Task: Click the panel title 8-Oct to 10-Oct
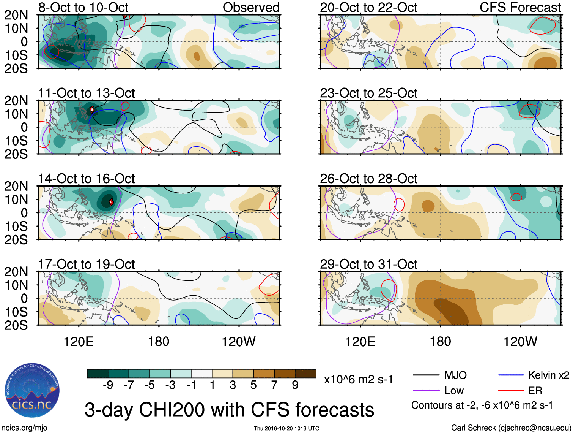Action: pyautogui.click(x=83, y=8)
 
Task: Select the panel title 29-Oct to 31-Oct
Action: pyautogui.click(x=368, y=264)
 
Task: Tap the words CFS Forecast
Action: pyautogui.click(x=520, y=8)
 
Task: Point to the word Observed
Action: pyautogui.click(x=251, y=8)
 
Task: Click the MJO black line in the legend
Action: pyautogui.click(x=426, y=375)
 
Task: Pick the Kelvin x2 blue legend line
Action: pyautogui.click(x=511, y=375)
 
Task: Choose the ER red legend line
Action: pyautogui.click(x=511, y=390)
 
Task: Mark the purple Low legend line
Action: pyautogui.click(x=426, y=390)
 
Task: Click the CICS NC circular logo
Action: pyautogui.click(x=32, y=390)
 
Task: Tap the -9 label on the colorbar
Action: pyautogui.click(x=108, y=385)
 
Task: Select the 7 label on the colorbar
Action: pyautogui.click(x=274, y=385)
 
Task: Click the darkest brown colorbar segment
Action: pyautogui.click(x=305, y=374)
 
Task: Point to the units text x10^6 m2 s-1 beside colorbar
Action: pyautogui.click(x=358, y=380)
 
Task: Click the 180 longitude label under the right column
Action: pyautogui.click(x=440, y=342)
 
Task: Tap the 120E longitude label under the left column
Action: pyautogui.click(x=79, y=342)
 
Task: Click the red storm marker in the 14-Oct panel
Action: pyautogui.click(x=111, y=202)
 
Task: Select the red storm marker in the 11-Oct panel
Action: pyautogui.click(x=92, y=110)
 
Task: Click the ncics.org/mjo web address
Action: pyautogui.click(x=24, y=428)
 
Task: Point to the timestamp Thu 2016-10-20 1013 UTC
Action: pyautogui.click(x=286, y=428)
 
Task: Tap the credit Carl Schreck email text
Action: pyautogui.click(x=511, y=428)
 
